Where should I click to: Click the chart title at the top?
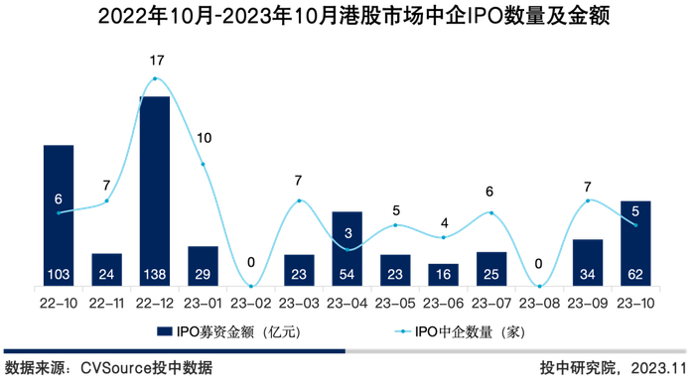click(347, 17)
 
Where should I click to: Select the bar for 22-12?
click(155, 189)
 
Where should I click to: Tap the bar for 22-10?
click(59, 213)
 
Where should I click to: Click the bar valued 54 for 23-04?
click(347, 248)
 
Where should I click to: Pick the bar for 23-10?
click(635, 243)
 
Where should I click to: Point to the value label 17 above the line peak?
click(156, 61)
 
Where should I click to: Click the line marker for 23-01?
click(204, 164)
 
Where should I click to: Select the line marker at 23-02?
click(251, 287)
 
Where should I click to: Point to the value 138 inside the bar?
click(155, 274)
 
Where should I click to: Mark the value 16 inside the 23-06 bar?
click(443, 274)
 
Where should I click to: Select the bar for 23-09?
click(588, 262)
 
